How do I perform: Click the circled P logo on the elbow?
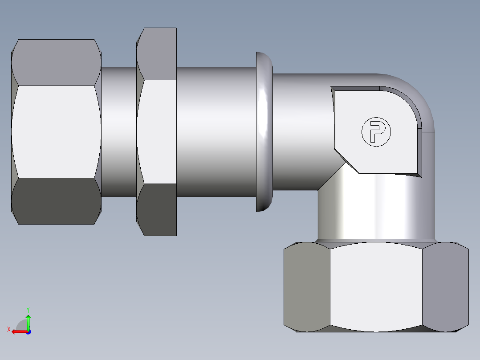point(376,131)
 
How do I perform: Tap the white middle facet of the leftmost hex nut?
point(56,131)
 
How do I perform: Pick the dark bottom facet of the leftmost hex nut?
point(56,201)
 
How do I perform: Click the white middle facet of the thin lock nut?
point(157,131)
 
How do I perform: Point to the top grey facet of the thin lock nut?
point(157,53)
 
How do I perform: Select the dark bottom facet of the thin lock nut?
point(157,209)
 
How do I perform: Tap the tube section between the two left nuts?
point(118,131)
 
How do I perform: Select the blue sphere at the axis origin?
point(28,331)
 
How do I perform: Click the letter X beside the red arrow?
point(8,329)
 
